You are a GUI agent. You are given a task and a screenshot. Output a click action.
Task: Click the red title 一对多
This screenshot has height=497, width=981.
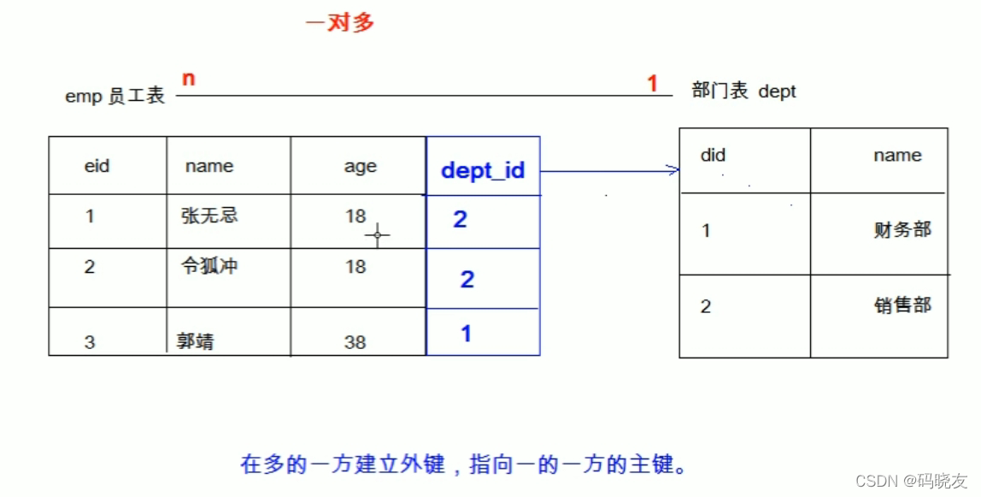pos(340,23)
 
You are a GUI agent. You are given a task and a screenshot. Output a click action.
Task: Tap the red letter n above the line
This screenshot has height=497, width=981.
pos(189,80)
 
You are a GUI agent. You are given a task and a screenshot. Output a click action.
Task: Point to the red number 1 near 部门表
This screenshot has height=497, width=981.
pos(653,84)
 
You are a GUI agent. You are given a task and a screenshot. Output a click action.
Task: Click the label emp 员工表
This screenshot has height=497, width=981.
pos(115,96)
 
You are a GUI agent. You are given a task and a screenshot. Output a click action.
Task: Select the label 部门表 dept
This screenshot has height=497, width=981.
pos(743,92)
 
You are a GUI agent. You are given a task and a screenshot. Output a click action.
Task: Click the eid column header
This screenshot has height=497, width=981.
pos(97,166)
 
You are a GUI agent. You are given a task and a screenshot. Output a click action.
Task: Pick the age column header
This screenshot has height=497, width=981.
pos(360,167)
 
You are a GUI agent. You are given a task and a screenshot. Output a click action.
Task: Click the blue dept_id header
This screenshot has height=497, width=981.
pos(483,170)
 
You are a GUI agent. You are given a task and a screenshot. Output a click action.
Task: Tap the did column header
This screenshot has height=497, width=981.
pos(713,156)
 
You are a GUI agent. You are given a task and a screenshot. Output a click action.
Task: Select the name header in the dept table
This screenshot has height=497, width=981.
pos(897,156)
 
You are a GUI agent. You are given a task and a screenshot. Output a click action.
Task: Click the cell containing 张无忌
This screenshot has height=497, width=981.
pos(209,216)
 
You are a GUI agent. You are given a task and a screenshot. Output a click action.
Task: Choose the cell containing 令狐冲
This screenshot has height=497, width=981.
pos(209,266)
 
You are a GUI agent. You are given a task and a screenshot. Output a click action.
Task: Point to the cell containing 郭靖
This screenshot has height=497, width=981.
pos(195,342)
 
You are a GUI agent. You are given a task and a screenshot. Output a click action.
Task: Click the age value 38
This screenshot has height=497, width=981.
pos(355,342)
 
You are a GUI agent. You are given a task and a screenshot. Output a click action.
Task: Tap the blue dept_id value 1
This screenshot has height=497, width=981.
pos(466,334)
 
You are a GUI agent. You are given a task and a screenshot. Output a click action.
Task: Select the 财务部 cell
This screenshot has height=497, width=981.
pos(902,230)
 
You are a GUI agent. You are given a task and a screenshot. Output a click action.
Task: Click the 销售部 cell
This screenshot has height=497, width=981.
pos(902,305)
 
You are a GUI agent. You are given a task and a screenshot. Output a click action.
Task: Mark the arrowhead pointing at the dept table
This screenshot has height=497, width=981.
pos(674,171)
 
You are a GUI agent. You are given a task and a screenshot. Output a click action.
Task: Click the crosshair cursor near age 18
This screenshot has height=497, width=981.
pos(377,234)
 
